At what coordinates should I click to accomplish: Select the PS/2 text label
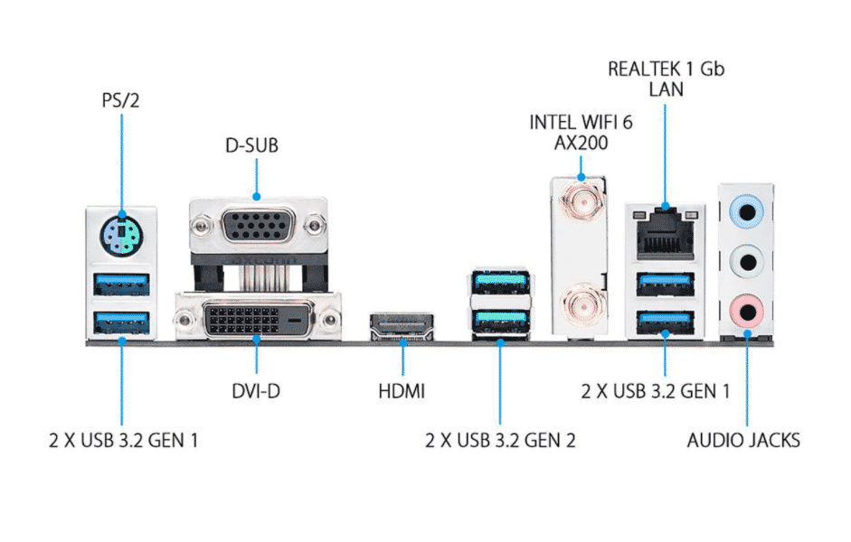(120, 98)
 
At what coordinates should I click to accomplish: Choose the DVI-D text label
(256, 393)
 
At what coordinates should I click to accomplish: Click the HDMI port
(402, 326)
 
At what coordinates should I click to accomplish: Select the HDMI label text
(402, 393)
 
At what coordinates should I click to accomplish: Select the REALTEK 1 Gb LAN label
(666, 79)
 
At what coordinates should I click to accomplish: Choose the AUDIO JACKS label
(743, 441)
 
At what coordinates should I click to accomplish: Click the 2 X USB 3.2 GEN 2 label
(500, 441)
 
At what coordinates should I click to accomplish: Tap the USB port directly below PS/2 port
(120, 285)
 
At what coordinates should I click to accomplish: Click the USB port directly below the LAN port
(666, 284)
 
